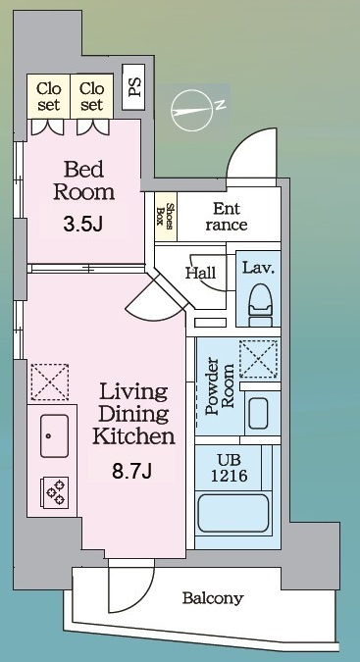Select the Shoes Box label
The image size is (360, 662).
pyautogui.click(x=165, y=217)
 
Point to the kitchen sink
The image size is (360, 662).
pyautogui.click(x=55, y=435)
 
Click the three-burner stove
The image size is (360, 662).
pyautogui.click(x=56, y=492)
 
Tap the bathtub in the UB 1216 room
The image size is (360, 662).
pyautogui.click(x=232, y=513)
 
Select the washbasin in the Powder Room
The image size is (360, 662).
pyautogui.click(x=258, y=413)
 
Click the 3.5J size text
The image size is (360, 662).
pyautogui.click(x=82, y=225)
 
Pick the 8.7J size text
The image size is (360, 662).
pyautogui.click(x=131, y=471)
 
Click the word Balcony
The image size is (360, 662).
pyautogui.click(x=213, y=598)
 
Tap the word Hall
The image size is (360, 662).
pyautogui.click(x=200, y=273)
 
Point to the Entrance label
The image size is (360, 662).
pyautogui.click(x=227, y=216)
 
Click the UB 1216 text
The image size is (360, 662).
pyautogui.click(x=230, y=468)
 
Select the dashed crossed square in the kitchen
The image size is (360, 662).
pyautogui.click(x=50, y=382)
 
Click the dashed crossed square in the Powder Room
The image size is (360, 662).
pyautogui.click(x=259, y=359)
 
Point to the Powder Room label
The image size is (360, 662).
pyautogui.click(x=220, y=386)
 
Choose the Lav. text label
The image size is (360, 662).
pyautogui.click(x=258, y=268)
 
